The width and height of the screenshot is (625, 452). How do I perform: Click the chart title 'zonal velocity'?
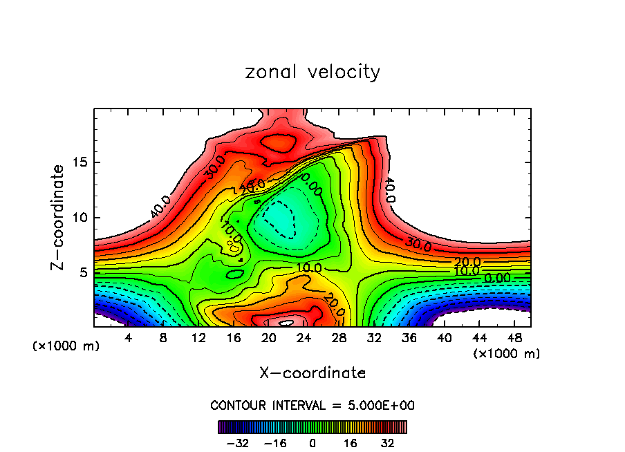coord(312,72)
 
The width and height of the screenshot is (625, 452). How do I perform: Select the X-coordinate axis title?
coord(312,373)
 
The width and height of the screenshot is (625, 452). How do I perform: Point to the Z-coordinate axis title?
coord(59,217)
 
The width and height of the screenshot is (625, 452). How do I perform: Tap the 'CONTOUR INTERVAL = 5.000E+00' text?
coord(312,405)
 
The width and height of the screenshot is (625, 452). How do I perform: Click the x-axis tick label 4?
coord(129,338)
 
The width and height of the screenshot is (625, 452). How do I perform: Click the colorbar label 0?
coord(312,443)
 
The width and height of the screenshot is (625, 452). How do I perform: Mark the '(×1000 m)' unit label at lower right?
coord(507,354)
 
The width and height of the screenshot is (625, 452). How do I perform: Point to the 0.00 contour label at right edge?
coord(498,278)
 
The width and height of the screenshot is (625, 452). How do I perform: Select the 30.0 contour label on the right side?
coord(418,245)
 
